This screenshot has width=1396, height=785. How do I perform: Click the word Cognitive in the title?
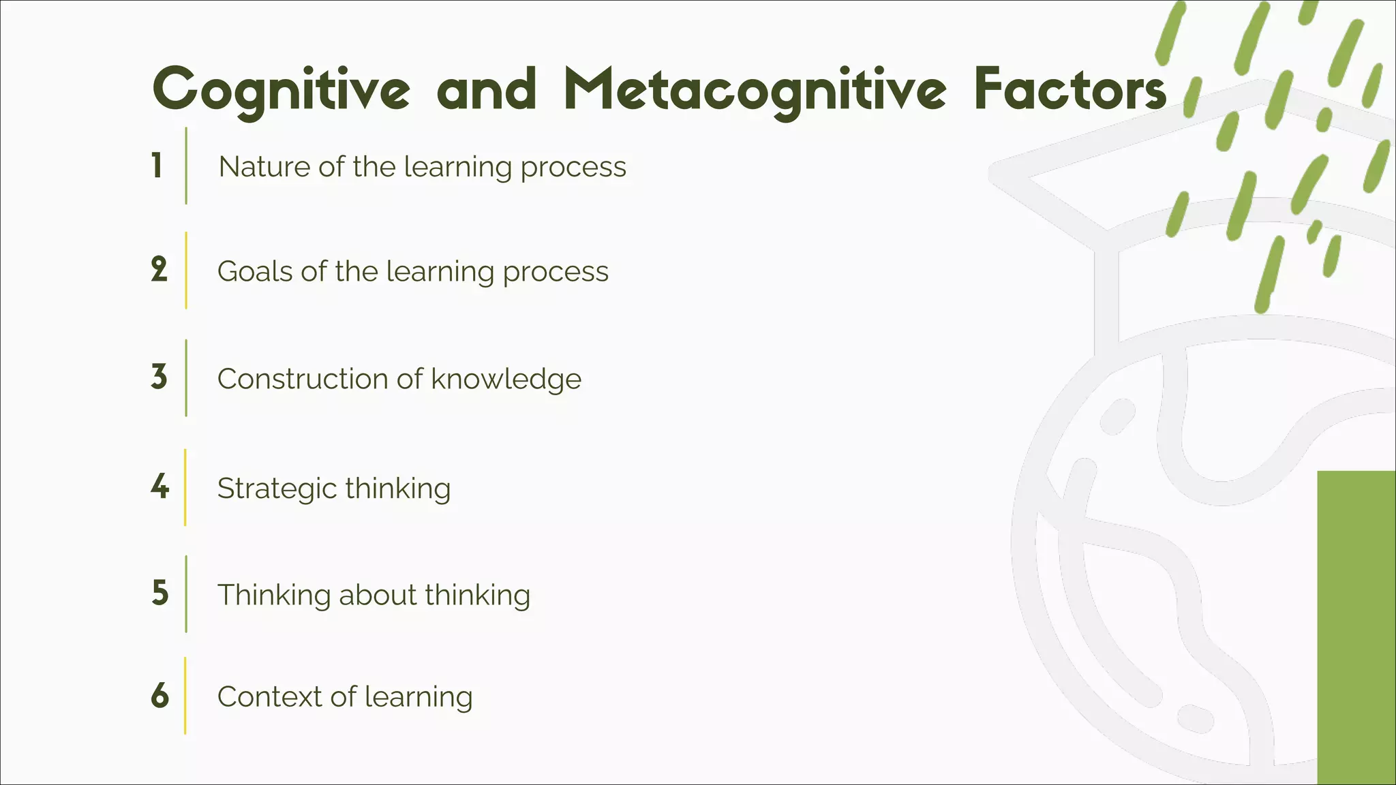pyautogui.click(x=282, y=90)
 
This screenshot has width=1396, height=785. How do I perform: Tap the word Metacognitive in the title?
pyautogui.click(x=755, y=90)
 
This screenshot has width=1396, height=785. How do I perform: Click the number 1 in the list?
pyautogui.click(x=157, y=166)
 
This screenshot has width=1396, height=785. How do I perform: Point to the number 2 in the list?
pyautogui.click(x=159, y=270)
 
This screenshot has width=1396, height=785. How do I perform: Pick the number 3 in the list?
pyautogui.click(x=159, y=377)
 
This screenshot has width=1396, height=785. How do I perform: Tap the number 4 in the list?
pyautogui.click(x=160, y=487)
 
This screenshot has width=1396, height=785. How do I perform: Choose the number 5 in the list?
pyautogui.click(x=160, y=593)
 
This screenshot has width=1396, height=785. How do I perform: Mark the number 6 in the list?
pyautogui.click(x=160, y=695)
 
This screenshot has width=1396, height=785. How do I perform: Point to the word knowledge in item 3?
pyautogui.click(x=506, y=380)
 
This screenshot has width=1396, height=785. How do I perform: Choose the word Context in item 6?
pyautogui.click(x=269, y=696)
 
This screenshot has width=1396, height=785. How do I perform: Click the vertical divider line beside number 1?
pyautogui.click(x=186, y=166)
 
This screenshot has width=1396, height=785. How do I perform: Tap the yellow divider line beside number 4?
pyautogui.click(x=185, y=487)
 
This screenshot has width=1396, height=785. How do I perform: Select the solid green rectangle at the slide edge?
pyautogui.click(x=1356, y=627)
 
